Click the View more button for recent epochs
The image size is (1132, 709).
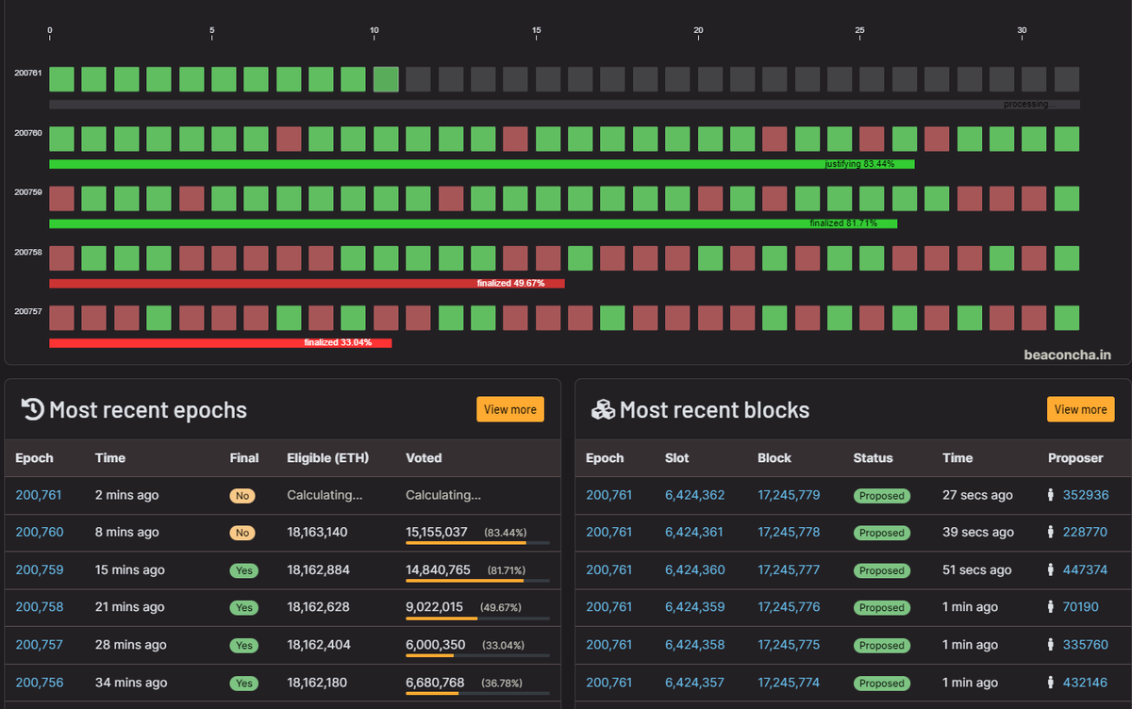point(510,409)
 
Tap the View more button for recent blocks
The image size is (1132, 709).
point(1080,409)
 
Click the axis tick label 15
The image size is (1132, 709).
point(536,30)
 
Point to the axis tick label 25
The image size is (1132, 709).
point(859,30)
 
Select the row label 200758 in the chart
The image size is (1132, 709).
point(28,252)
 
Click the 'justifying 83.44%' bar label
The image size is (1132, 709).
point(859,164)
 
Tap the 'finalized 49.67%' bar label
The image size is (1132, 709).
point(510,283)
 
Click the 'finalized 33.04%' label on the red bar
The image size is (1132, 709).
point(338,342)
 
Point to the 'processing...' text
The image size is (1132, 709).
point(1029,104)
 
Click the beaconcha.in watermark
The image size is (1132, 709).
point(1067,355)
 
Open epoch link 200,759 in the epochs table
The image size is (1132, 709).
point(40,569)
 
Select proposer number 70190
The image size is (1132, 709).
point(1080,606)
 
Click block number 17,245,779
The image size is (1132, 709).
point(789,495)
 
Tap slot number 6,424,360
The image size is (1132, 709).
point(695,569)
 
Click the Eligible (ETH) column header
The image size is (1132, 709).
point(328,458)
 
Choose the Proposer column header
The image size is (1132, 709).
point(1075,458)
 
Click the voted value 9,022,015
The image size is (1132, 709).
point(434,606)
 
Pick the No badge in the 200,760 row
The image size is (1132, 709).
point(242,533)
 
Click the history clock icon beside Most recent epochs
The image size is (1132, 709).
point(33,409)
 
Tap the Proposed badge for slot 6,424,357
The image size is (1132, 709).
point(882,684)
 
